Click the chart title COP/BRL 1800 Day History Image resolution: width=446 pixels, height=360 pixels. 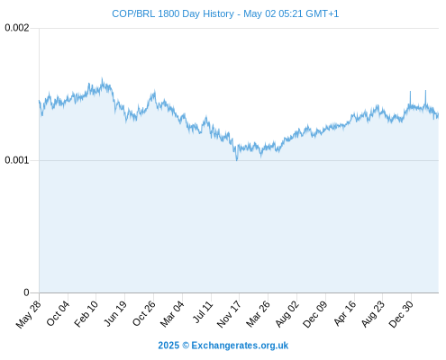[173, 13]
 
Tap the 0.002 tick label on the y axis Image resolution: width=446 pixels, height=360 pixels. [17, 28]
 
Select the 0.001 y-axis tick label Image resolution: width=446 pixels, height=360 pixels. [17, 160]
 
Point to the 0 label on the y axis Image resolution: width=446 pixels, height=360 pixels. [26, 292]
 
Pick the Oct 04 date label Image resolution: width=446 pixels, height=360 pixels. [58, 313]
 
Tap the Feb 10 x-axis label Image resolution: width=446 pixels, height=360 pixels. [86, 314]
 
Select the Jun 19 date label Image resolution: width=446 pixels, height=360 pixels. [115, 313]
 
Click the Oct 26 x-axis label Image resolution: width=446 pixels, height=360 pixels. [144, 313]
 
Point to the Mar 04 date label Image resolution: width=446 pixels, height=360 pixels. [172, 314]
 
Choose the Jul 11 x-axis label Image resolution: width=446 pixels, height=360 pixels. [203, 312]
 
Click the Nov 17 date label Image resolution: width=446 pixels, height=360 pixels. [229, 314]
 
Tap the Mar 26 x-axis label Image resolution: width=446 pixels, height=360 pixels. [258, 314]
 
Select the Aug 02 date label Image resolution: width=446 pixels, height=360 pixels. [287, 314]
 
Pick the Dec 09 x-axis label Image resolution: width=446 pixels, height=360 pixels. [314, 314]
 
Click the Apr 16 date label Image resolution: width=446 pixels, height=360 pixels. [344, 313]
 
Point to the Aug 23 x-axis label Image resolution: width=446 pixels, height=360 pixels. [372, 314]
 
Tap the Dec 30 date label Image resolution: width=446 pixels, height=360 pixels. [401, 314]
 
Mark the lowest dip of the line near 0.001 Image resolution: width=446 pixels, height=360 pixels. [237, 160]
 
